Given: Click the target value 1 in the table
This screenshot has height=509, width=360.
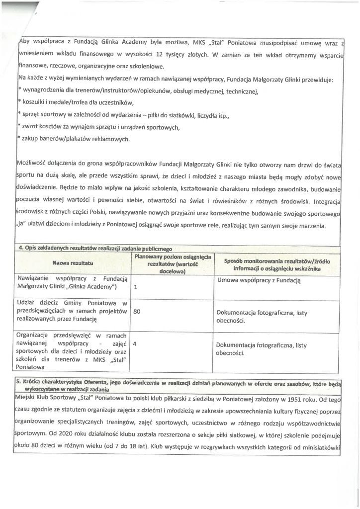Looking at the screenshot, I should tap(136, 287).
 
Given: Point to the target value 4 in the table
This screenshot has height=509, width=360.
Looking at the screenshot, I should tap(135, 343).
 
